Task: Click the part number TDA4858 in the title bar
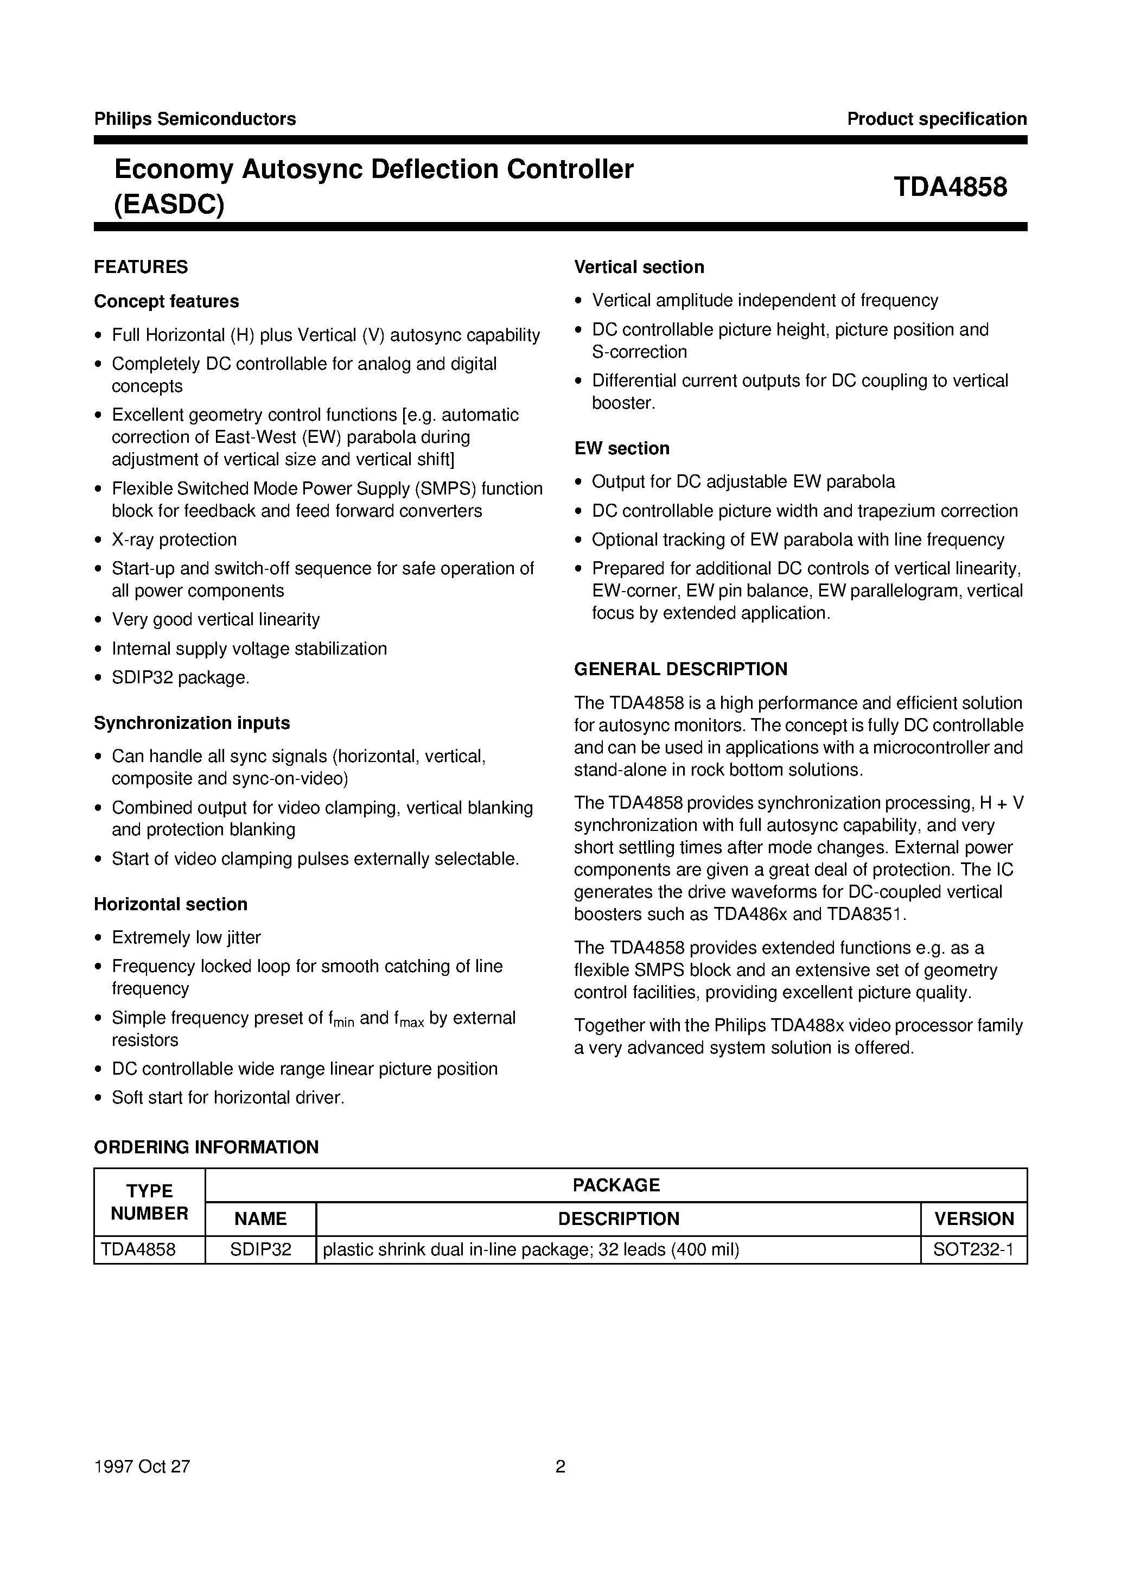(950, 187)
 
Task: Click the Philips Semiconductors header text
(195, 119)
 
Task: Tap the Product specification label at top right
(937, 119)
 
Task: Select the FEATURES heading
(141, 267)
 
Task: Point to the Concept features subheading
(167, 301)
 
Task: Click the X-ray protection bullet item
(174, 540)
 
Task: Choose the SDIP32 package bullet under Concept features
(180, 678)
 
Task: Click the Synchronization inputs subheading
(192, 723)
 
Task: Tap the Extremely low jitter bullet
(186, 938)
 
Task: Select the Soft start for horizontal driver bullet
(228, 1097)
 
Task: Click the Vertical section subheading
(639, 267)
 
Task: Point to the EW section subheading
(621, 449)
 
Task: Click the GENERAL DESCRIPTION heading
(681, 669)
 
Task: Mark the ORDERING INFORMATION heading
(206, 1147)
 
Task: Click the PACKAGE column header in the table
(616, 1185)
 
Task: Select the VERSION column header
(974, 1218)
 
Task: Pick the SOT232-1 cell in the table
(974, 1250)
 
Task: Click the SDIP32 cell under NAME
(260, 1250)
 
